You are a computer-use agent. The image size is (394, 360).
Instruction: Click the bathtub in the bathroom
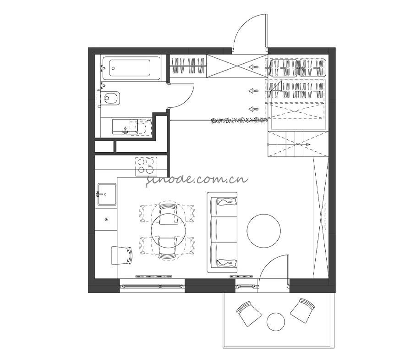(x=131, y=68)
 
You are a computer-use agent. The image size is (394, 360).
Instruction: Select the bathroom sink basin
(x=125, y=127)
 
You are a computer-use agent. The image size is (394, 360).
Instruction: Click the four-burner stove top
(x=146, y=166)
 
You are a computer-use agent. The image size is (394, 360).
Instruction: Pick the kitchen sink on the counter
(x=107, y=194)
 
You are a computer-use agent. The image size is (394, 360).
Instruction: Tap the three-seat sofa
(x=222, y=232)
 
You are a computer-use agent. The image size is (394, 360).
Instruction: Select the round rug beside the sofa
(x=263, y=231)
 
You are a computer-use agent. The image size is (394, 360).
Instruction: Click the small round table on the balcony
(x=276, y=322)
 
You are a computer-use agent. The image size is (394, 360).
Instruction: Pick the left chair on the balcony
(x=249, y=314)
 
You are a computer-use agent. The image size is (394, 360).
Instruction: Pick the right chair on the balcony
(x=302, y=310)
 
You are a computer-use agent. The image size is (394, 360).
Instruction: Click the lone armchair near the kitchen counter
(x=121, y=255)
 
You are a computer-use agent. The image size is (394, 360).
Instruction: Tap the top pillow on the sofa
(x=227, y=201)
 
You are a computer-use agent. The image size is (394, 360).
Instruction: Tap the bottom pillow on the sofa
(x=227, y=263)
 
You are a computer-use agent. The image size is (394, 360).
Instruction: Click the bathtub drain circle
(x=113, y=68)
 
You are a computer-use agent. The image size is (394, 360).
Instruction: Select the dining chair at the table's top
(x=168, y=214)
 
